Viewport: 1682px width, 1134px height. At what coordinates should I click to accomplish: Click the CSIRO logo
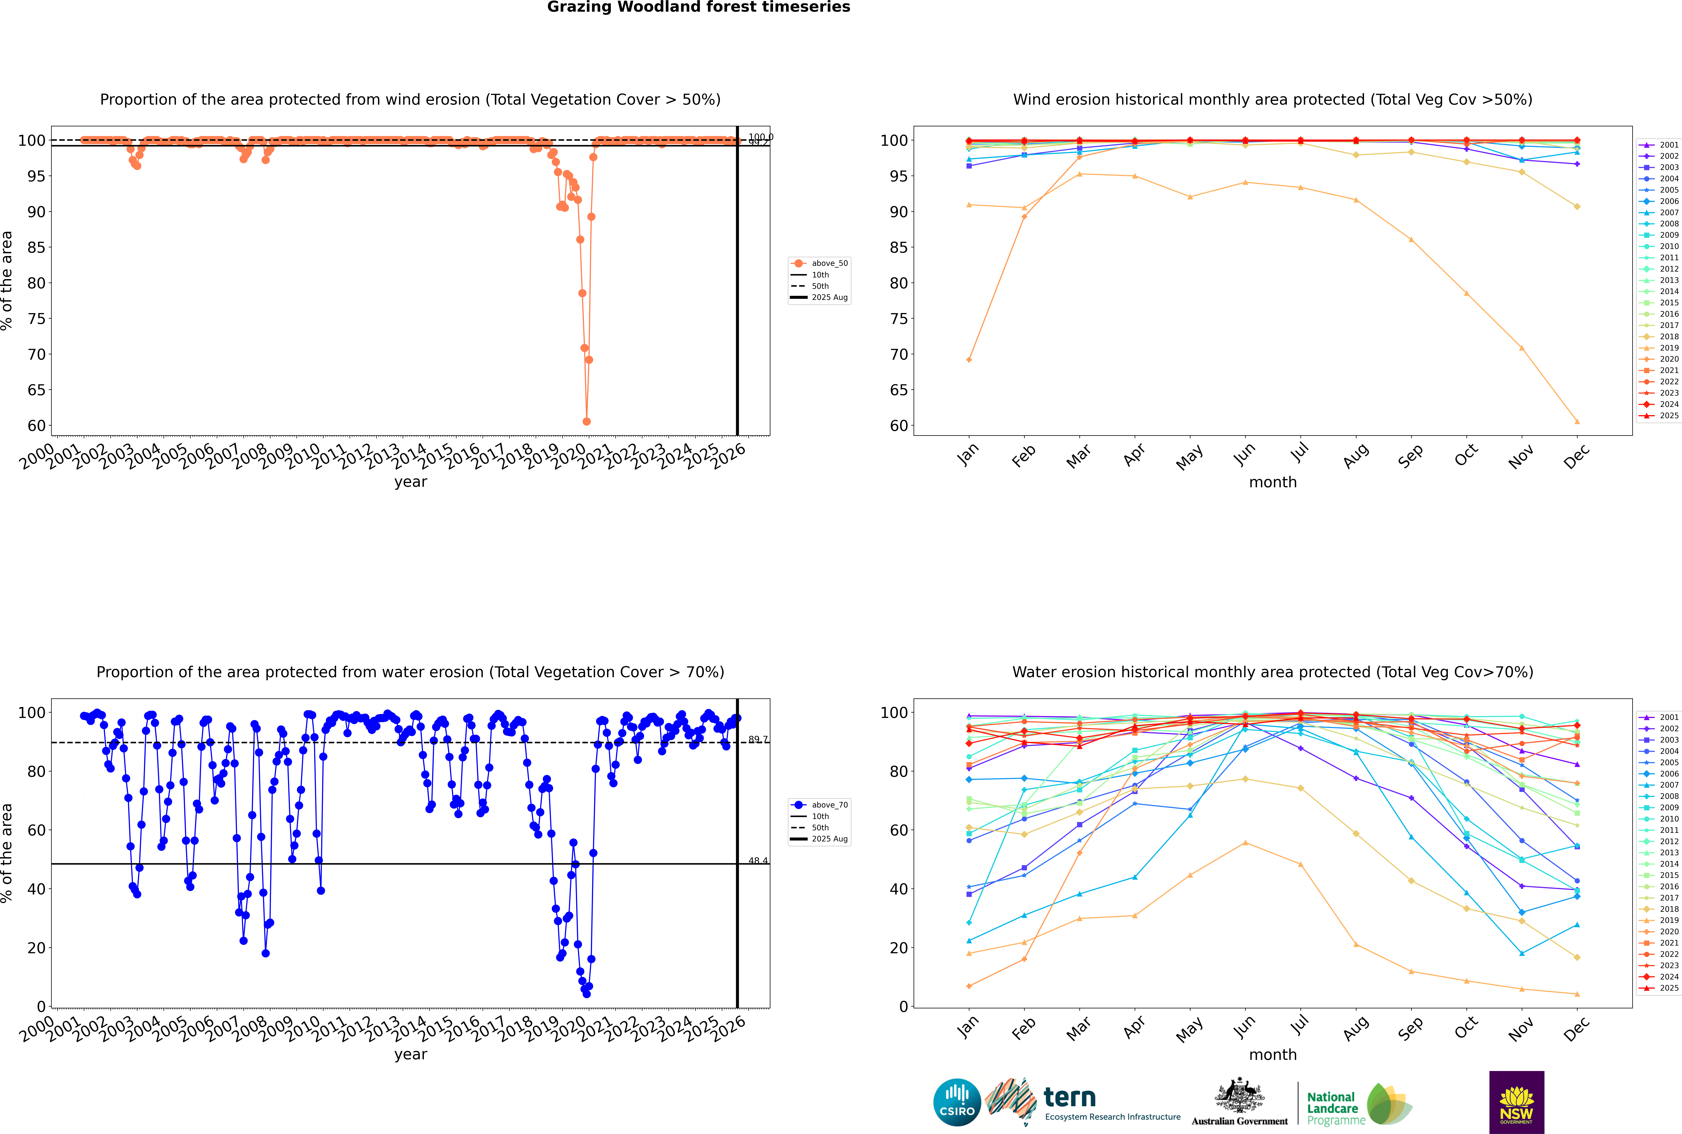(957, 1102)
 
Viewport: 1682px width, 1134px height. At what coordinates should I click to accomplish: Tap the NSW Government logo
(1516, 1102)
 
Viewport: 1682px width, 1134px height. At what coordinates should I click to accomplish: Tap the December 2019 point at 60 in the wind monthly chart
(1577, 422)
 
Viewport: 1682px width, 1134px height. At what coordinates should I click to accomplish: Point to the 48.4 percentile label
(758, 861)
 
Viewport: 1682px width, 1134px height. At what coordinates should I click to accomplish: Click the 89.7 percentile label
(758, 739)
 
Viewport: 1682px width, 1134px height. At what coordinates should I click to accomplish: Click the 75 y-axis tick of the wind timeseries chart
(36, 319)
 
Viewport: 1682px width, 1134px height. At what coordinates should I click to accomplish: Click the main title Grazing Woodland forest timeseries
(699, 7)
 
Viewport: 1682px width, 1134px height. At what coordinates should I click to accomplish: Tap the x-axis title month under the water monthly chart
(1273, 1054)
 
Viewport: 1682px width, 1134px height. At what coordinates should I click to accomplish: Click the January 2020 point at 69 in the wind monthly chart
(969, 360)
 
